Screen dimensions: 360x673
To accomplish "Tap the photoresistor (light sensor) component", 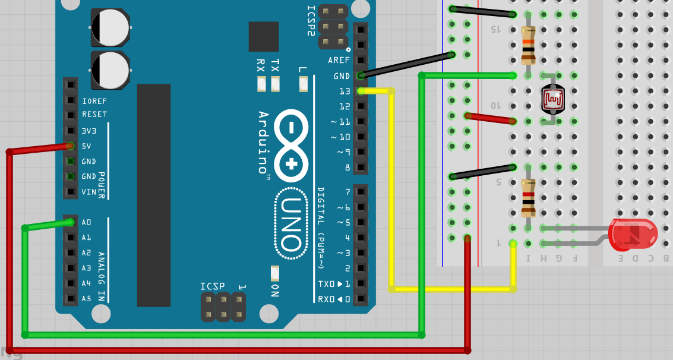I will [552, 99].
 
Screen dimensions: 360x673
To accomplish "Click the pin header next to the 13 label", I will [361, 91].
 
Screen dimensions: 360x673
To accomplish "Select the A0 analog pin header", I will [71, 222].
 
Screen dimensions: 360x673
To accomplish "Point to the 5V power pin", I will [71, 146].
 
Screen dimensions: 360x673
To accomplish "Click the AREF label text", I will [339, 61].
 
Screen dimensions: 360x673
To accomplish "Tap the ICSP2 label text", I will [311, 21].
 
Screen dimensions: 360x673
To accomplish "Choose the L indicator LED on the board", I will [304, 84].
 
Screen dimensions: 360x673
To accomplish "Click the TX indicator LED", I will [275, 84].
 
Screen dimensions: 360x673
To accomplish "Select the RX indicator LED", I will [261, 84].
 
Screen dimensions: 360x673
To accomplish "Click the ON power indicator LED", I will [274, 273].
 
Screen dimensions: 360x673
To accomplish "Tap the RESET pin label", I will [94, 115].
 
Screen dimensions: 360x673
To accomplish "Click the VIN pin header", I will [71, 191].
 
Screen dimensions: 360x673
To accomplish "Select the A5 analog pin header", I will [71, 298].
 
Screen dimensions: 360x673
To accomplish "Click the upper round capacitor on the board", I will [110, 27].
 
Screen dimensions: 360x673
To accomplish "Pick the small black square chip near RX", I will [263, 37].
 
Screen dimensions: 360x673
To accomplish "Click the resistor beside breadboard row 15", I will [528, 45].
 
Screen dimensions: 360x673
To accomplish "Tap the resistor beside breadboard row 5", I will [528, 197].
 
